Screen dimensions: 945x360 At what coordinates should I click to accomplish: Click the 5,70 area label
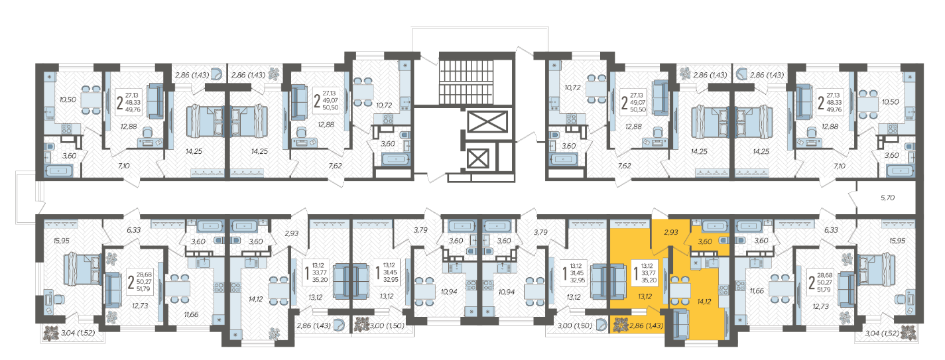887,198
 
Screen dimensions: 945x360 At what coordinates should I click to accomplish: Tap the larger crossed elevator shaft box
487,122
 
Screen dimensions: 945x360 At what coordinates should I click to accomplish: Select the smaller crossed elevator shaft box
478,158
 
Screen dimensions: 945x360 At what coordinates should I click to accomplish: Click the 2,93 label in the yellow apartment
670,232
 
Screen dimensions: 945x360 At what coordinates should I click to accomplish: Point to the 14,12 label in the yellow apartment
704,302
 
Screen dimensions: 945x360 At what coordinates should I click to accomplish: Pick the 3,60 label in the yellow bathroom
705,242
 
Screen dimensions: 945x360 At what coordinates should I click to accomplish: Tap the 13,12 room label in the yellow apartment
645,297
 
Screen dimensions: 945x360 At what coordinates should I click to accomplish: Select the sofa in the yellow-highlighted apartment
680,324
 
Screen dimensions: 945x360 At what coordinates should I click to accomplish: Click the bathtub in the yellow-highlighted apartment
715,226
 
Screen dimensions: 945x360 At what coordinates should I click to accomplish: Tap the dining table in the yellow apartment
680,290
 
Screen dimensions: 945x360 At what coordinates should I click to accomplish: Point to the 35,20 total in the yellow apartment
649,280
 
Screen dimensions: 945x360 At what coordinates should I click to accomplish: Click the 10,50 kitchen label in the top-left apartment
68,100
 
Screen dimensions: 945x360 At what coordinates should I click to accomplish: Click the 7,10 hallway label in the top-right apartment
840,166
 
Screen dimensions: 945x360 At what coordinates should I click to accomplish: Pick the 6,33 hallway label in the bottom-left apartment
134,230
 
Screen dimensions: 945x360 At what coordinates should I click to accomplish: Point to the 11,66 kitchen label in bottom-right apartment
757,291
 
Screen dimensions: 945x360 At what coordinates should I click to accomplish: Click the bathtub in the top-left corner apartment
60,171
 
